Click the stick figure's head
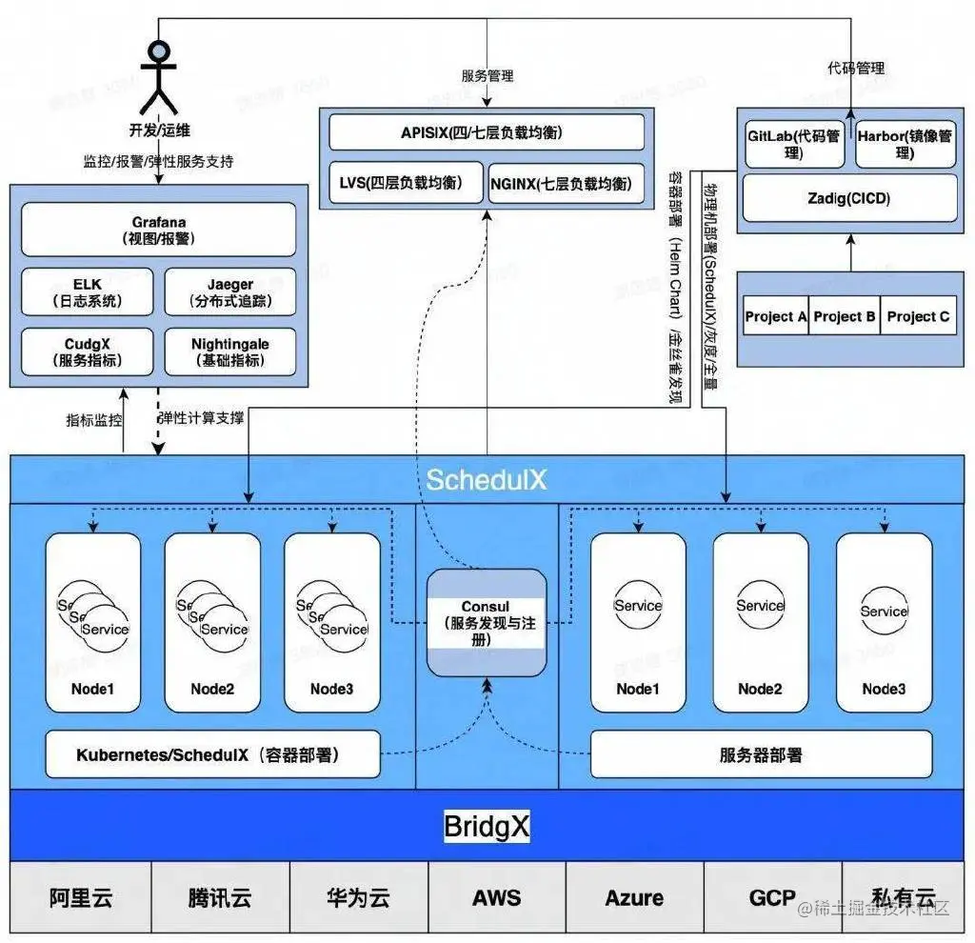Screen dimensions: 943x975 [x=159, y=51]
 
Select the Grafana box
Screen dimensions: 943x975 [x=158, y=230]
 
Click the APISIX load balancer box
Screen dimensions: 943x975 [x=487, y=132]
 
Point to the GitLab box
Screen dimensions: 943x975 [x=794, y=144]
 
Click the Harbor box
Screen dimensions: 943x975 [x=905, y=144]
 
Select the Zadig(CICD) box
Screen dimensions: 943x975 [x=849, y=198]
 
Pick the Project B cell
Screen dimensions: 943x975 [x=845, y=316]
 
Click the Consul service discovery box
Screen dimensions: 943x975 [x=486, y=623]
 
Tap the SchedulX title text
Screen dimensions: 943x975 [x=487, y=479]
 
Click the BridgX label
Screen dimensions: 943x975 [x=487, y=826]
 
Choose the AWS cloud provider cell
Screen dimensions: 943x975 [x=496, y=897]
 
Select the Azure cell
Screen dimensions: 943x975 [x=634, y=897]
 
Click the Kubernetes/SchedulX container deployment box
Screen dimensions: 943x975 [x=212, y=755]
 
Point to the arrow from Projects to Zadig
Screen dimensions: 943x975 [x=849, y=252]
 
